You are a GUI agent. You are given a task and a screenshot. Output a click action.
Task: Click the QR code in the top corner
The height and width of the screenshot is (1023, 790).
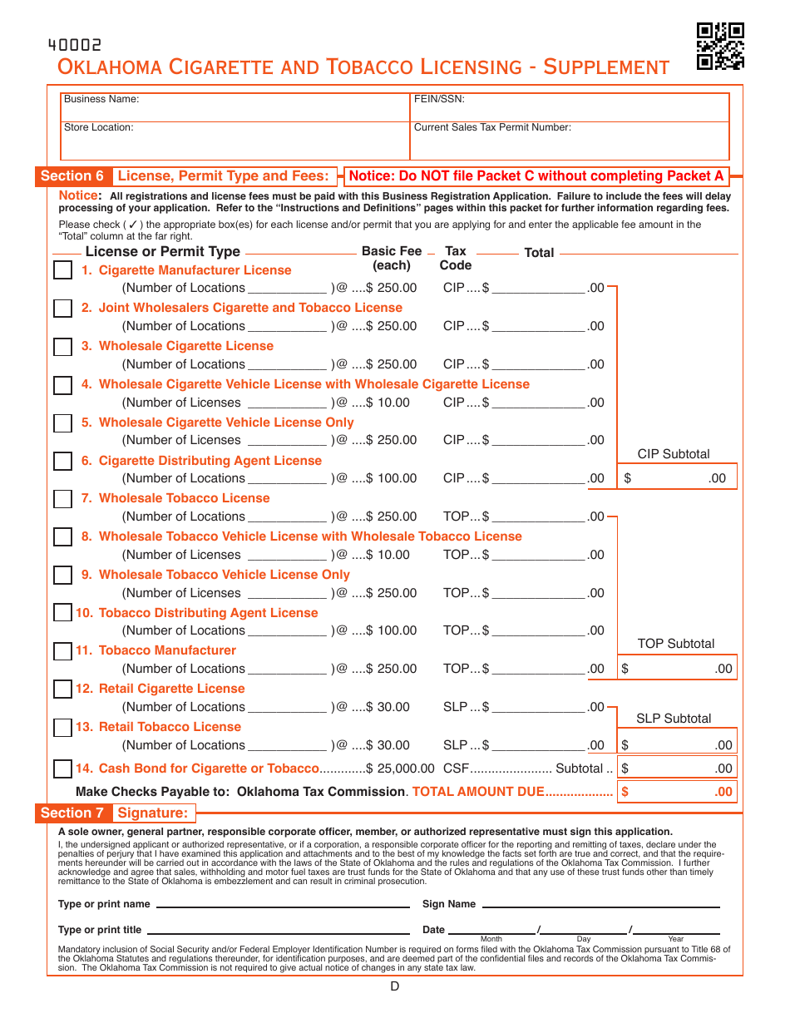[x=719, y=46]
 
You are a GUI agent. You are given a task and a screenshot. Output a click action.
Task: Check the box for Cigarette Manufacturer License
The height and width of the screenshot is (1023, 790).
[x=62, y=270]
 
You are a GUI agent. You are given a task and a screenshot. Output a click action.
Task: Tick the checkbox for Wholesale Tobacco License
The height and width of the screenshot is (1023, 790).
[x=62, y=499]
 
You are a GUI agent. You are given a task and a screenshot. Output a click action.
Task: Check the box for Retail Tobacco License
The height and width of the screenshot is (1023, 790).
[x=62, y=728]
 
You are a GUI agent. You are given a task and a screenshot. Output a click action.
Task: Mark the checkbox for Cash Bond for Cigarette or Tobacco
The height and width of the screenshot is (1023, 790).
[x=62, y=768]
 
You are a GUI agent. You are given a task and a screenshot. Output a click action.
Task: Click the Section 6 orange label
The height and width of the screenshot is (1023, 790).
[x=72, y=175]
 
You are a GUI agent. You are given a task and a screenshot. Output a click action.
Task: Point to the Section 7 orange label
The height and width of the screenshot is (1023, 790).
[x=72, y=813]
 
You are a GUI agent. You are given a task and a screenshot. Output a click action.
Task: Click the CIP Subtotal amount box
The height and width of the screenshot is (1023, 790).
[x=676, y=478]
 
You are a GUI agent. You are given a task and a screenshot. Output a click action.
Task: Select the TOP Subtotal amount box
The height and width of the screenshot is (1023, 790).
[x=676, y=668]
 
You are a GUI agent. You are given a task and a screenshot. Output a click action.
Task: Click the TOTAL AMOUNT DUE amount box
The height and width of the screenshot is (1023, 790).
[x=676, y=792]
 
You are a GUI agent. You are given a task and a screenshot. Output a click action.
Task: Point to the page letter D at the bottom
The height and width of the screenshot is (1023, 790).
[x=394, y=986]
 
